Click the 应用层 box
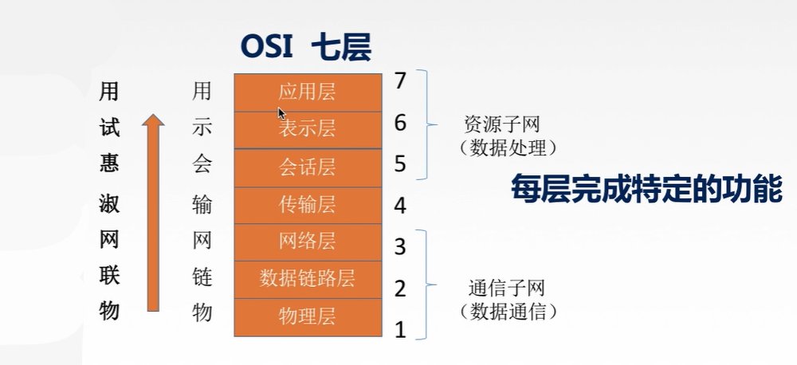pos(307,91)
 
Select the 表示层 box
pos(307,128)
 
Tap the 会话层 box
pos(307,167)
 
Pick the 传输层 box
pos(307,204)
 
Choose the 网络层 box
pos(307,241)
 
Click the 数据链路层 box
pos(307,279)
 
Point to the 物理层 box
pos(307,316)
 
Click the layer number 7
pos(400,80)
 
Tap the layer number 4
pos(400,206)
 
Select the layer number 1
pos(400,329)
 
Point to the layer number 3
pos(400,247)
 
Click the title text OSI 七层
pos(307,47)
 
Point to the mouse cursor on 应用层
pos(281,112)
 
